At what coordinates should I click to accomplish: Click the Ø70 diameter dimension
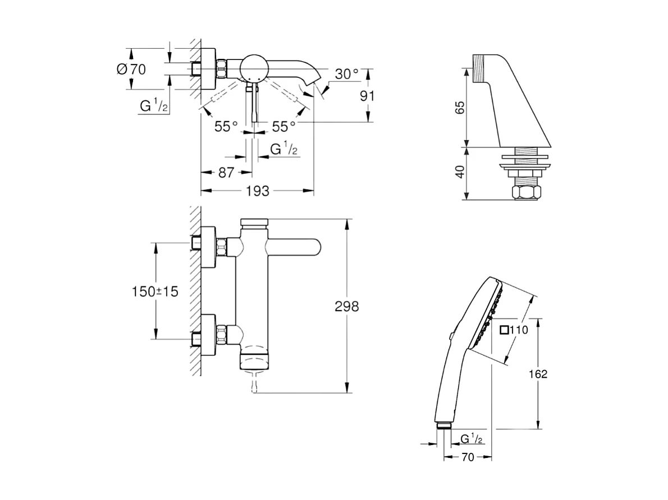click(131, 70)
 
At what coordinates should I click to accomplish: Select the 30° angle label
click(346, 74)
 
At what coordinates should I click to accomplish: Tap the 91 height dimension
click(367, 95)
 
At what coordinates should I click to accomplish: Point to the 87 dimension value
click(226, 173)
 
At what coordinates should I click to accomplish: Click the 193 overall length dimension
click(258, 191)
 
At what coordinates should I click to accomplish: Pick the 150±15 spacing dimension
click(155, 291)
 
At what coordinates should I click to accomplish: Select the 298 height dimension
click(346, 306)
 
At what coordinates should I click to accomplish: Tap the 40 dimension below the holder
click(460, 172)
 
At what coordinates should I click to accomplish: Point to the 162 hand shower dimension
click(537, 374)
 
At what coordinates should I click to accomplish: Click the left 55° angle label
click(226, 127)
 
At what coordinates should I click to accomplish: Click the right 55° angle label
click(284, 127)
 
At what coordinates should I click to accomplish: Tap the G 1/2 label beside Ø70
click(153, 106)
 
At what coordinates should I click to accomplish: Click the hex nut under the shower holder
click(528, 193)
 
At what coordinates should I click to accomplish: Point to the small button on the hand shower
click(451, 336)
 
